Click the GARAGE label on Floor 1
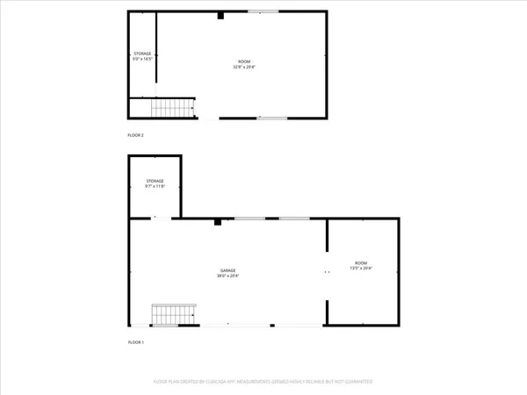pos(227,270)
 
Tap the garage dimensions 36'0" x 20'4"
pos(227,276)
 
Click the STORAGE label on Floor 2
pos(142,54)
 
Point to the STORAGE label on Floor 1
pos(155,182)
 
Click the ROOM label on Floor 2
pos(242,61)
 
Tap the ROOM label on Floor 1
pos(361,263)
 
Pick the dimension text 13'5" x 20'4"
pos(361,269)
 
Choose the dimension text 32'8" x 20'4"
pos(242,68)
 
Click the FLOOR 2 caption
pos(135,135)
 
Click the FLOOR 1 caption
pos(135,341)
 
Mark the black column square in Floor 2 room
pos(222,15)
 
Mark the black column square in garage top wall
pos(218,222)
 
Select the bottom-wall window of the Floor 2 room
pos(271,118)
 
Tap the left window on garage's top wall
pos(249,219)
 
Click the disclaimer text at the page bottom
pos(263,383)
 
